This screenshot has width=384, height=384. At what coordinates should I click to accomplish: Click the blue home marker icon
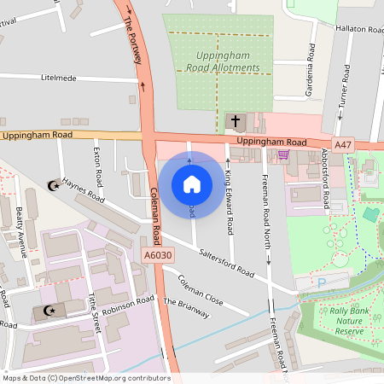pos(191,184)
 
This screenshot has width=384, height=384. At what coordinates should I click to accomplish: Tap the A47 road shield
pos(343,146)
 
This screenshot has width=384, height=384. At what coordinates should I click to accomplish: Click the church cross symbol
pos(235,122)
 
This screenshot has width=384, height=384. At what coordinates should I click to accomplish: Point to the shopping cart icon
pos(283,154)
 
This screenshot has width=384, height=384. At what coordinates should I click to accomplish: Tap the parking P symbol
pos(322,282)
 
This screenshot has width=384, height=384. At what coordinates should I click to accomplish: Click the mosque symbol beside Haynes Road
pos(54,184)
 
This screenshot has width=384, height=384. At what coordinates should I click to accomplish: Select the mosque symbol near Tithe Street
pos(47,310)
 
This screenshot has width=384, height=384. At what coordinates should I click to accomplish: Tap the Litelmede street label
pos(58,77)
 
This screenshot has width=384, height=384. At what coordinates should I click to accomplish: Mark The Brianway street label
pos(186,308)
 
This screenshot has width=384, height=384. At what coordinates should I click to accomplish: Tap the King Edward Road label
pos(230,202)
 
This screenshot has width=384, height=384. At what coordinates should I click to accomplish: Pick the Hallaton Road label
pos(353,27)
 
